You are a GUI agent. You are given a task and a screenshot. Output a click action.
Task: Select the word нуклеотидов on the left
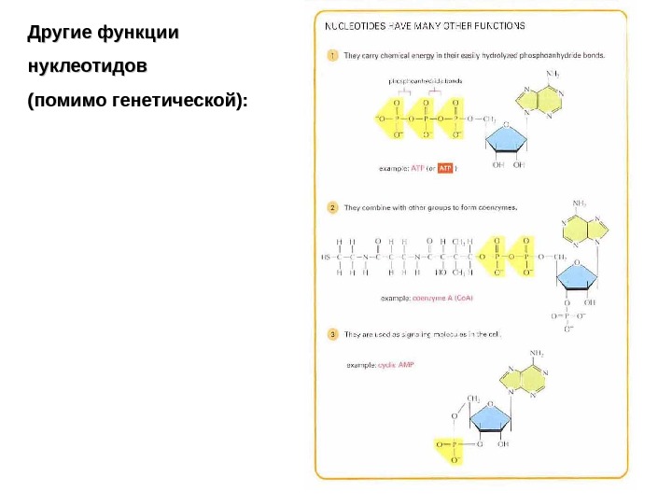88,68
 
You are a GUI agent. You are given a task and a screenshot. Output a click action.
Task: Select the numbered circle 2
332,207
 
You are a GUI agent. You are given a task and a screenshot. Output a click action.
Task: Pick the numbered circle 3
332,334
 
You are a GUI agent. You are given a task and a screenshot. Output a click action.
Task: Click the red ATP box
444,169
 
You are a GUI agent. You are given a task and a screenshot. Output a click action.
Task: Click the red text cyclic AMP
393,366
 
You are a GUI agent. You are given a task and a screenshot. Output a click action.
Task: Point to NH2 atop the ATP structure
554,73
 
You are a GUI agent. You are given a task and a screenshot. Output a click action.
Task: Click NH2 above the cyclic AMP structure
539,354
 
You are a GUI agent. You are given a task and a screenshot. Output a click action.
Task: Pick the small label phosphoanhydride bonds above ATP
425,81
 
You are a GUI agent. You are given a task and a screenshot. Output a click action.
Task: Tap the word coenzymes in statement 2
496,207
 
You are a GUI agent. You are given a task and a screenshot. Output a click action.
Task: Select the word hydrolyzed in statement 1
496,55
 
